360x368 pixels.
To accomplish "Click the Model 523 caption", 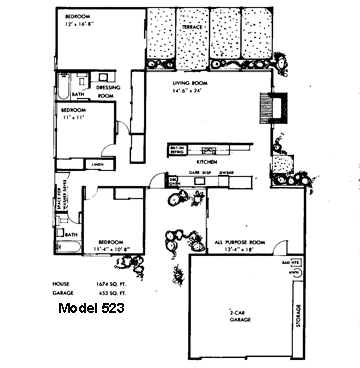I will (x=97, y=310).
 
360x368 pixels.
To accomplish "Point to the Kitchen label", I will (x=207, y=160).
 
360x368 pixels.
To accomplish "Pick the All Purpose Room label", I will (x=239, y=242).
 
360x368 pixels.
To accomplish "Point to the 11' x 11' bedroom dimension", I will (x=74, y=117).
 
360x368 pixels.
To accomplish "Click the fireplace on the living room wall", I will (x=267, y=107).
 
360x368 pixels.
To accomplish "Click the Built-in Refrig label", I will (x=179, y=150).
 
